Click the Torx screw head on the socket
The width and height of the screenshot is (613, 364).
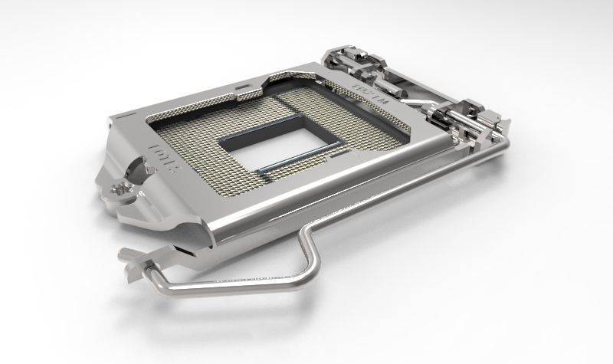coord(122,186)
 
